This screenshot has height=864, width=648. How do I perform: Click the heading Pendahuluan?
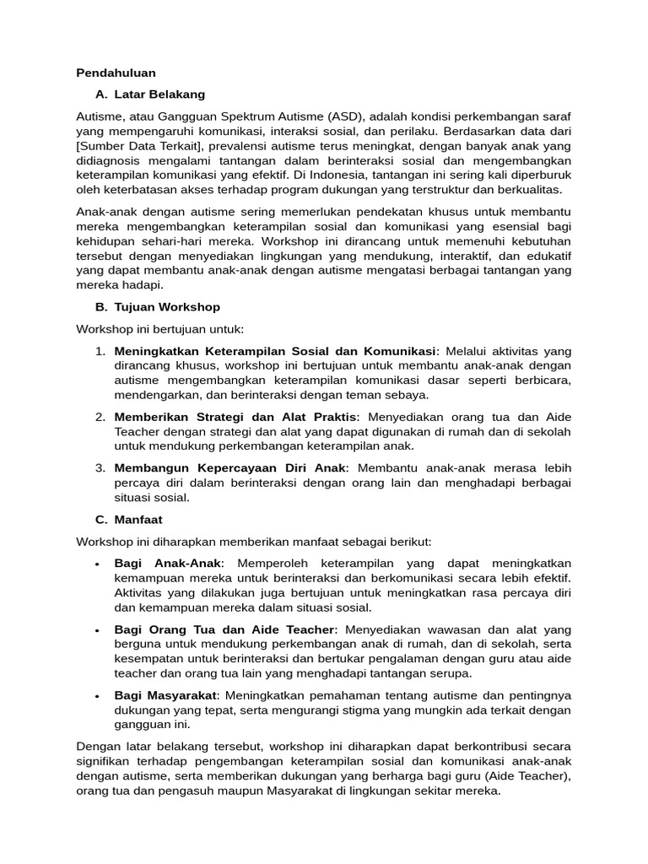(x=116, y=73)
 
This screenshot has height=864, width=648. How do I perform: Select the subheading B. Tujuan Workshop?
(x=158, y=307)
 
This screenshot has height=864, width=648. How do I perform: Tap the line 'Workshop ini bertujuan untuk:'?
(x=159, y=329)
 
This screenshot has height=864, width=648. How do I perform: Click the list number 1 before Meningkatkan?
(x=99, y=351)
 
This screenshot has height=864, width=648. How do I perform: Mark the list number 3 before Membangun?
(x=99, y=467)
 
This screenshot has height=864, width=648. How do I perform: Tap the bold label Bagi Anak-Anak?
(x=168, y=563)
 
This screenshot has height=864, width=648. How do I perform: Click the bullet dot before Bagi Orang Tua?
(x=99, y=629)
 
